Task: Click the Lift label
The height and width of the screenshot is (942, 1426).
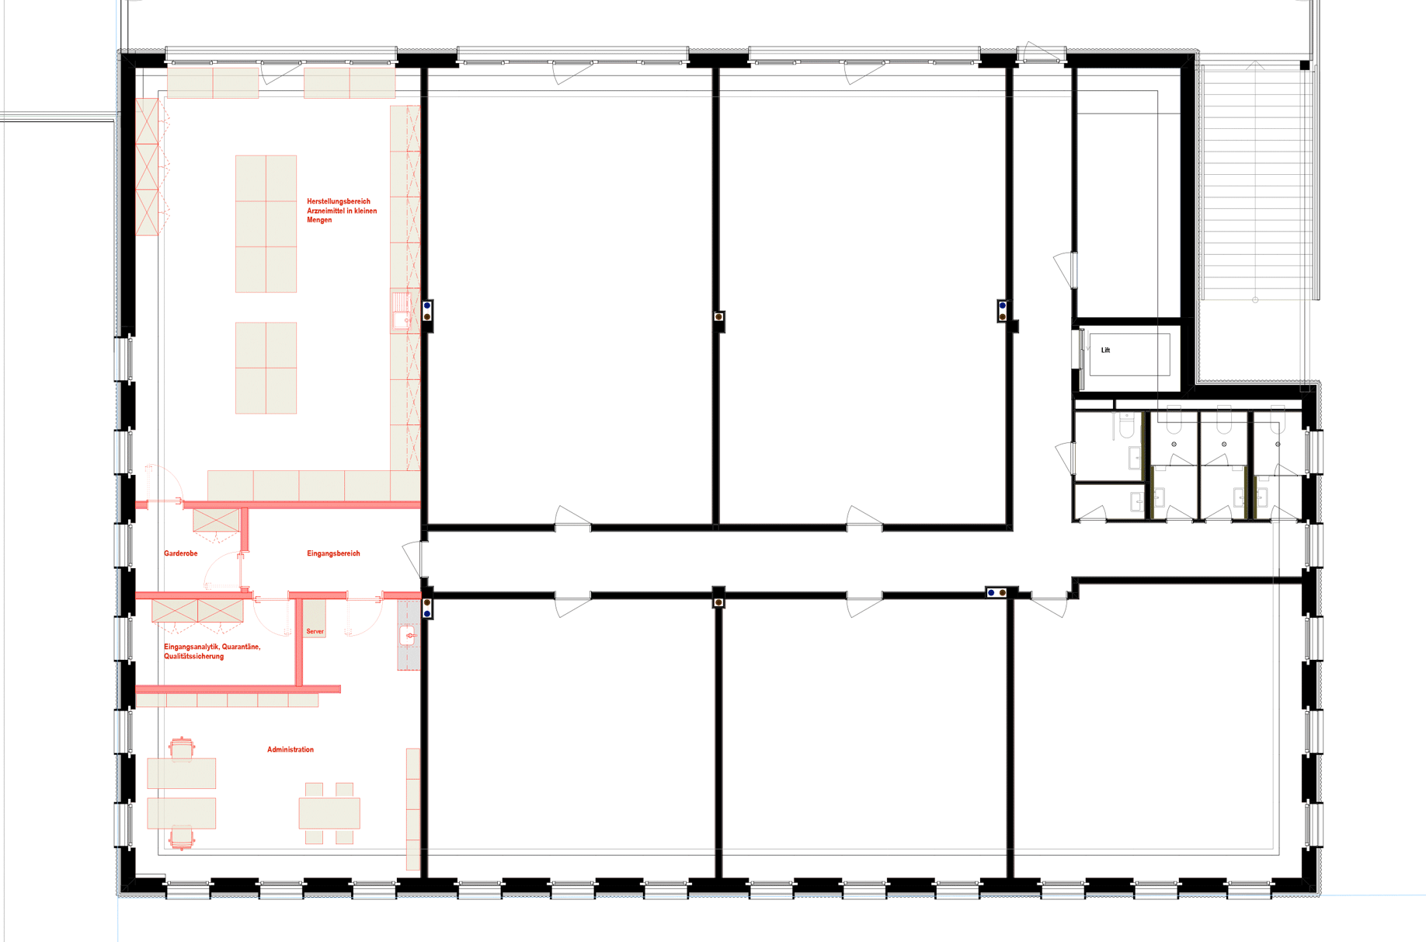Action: [x=1105, y=351]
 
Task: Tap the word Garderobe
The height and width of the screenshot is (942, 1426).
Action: [x=180, y=553]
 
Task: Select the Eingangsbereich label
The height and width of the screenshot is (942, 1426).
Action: [x=333, y=553]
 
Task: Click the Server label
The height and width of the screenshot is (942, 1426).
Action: [x=315, y=631]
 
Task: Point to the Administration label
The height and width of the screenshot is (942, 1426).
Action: [x=290, y=749]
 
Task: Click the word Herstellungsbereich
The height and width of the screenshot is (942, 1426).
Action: [x=339, y=201]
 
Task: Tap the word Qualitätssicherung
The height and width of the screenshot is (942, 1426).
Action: [x=193, y=656]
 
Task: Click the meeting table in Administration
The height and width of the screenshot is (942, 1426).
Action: [x=329, y=813]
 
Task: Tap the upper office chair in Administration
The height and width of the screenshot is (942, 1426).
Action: [x=182, y=748]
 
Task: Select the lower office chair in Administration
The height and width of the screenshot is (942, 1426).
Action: [x=182, y=839]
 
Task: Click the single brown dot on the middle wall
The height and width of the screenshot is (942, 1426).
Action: [x=718, y=317]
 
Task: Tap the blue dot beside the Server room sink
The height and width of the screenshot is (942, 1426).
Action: [x=427, y=614]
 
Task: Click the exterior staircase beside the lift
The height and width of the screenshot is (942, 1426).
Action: [x=1255, y=183]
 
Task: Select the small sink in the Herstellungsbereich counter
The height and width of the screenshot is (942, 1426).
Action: [x=401, y=311]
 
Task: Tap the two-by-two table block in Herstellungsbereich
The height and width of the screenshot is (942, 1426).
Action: [x=266, y=368]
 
